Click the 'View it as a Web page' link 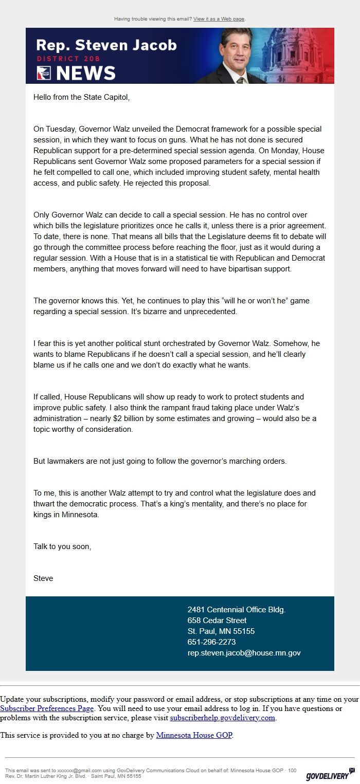pos(219,19)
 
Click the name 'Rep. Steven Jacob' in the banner pos(106,45)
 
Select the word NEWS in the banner pos(85,74)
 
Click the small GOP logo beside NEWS pos(44,74)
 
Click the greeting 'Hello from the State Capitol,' pos(81,97)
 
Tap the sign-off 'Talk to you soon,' pos(62,546)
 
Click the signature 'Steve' pos(43,578)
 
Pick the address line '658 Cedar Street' pos(217,621)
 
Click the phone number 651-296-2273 pos(211,642)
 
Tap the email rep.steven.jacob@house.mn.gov pos(244,653)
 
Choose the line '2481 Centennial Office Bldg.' pos(236,610)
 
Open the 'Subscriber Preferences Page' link pos(47,708)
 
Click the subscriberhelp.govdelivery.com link pos(223,718)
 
